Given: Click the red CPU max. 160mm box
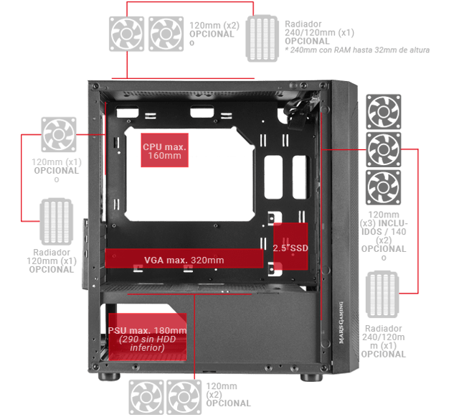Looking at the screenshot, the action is point(164,150).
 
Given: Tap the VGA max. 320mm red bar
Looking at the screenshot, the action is point(184,258).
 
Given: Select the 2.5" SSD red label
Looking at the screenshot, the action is point(290,246).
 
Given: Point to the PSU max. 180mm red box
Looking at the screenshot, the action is point(147,337).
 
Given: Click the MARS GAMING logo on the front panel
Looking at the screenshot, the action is point(341,323).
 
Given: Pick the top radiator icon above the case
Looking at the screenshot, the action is point(262,38).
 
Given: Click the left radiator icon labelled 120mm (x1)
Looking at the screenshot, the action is point(56,222).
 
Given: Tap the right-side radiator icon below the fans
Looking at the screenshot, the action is point(382,294).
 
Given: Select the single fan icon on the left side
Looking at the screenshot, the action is point(59,134).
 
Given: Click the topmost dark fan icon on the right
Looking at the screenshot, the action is point(384,112).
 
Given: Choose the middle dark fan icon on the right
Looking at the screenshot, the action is point(384,149).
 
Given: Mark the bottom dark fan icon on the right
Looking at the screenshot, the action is point(383,187).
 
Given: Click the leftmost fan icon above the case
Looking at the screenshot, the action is point(126,34).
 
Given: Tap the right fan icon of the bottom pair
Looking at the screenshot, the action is point(184,398).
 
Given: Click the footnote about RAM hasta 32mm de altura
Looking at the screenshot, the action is point(357,50).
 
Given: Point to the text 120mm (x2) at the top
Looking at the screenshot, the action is point(214,26).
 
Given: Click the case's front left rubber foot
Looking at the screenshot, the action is point(109,376).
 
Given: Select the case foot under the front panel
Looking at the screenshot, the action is point(311,377).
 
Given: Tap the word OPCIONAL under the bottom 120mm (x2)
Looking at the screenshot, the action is point(228,403).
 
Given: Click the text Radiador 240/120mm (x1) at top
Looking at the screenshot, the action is point(319,28).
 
